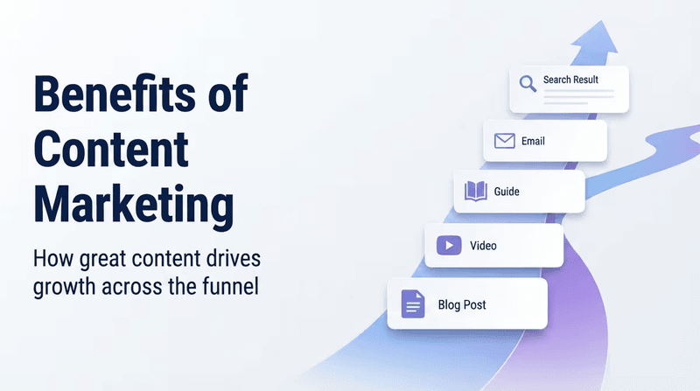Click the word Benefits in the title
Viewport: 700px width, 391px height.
(x=115, y=94)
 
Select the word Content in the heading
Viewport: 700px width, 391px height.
(x=111, y=149)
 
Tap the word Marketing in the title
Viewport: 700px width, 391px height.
(x=134, y=206)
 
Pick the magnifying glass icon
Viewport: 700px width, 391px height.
(x=528, y=83)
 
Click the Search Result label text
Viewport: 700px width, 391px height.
(x=570, y=80)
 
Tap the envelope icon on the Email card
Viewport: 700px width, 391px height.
(x=505, y=141)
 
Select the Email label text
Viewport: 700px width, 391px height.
(x=533, y=141)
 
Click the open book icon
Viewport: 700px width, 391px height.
(x=475, y=191)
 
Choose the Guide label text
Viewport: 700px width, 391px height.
(x=507, y=192)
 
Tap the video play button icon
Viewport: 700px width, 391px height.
(x=449, y=246)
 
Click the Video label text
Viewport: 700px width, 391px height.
(x=483, y=246)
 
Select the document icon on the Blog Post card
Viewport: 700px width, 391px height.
(x=413, y=304)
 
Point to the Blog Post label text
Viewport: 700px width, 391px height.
(x=462, y=304)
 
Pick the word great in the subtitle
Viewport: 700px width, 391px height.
(x=103, y=260)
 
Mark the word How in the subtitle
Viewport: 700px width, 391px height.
(x=53, y=258)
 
